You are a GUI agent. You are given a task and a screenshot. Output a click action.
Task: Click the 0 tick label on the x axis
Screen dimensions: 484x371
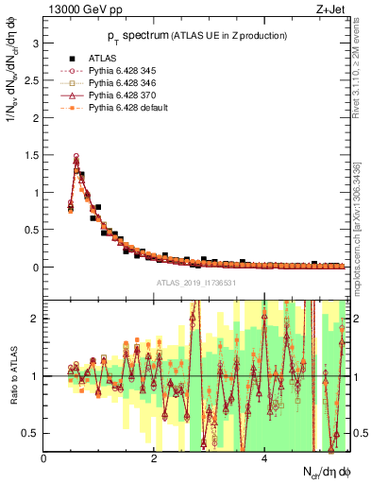(x=44, y=458)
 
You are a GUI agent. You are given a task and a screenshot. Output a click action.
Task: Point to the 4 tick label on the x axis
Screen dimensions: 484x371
(x=263, y=458)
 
